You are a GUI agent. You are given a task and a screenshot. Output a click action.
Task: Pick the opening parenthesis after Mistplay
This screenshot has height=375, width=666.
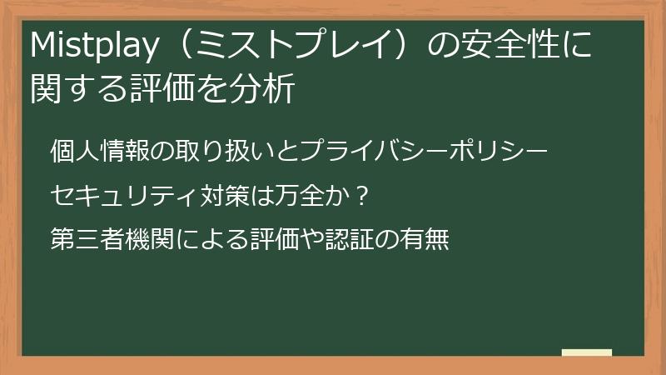pyautogui.click(x=171, y=49)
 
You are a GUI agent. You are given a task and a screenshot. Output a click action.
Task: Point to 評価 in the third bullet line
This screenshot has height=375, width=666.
pyautogui.click(x=272, y=241)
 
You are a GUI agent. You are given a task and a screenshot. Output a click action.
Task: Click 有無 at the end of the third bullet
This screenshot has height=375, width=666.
pyautogui.click(x=428, y=241)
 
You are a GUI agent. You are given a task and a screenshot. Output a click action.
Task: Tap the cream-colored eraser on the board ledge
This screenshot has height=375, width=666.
pyautogui.click(x=587, y=352)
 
